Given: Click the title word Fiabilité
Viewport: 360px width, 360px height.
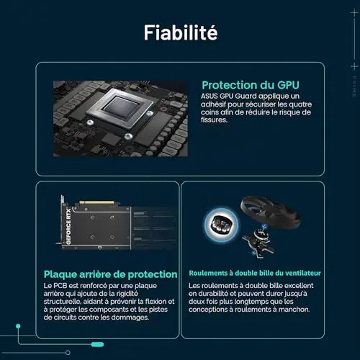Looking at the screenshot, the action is [181, 32].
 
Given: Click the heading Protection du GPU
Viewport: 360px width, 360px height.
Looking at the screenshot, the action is [251, 85].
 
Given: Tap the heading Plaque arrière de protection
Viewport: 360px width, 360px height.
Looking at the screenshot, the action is [111, 274].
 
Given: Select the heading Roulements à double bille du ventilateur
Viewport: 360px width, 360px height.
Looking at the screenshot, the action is [255, 273].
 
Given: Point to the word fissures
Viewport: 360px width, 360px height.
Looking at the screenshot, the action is [214, 120].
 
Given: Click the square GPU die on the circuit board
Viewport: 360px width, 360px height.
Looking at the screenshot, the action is [121, 107].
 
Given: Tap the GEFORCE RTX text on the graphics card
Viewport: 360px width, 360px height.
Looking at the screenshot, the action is [68, 226].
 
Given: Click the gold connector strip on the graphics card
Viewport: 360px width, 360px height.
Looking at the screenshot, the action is [96, 202].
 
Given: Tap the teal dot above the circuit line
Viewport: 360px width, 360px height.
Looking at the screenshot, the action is [18, 326].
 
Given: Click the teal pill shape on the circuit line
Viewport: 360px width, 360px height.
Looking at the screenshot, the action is [97, 344].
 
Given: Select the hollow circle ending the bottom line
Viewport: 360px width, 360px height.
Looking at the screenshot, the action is [68, 353].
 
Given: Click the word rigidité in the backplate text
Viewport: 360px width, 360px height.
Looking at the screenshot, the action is [127, 294].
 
